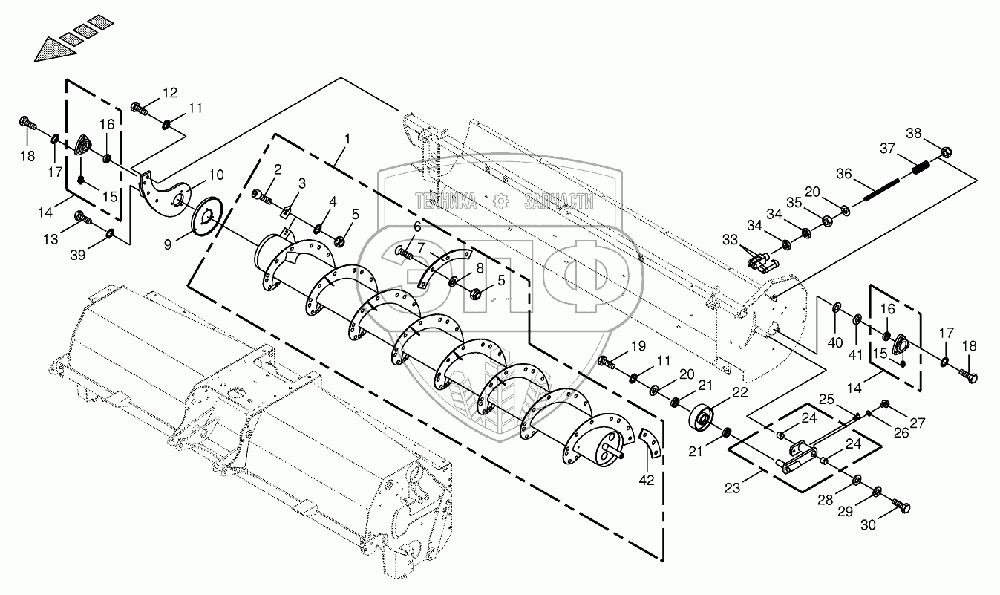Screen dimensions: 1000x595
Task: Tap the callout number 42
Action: point(647,480)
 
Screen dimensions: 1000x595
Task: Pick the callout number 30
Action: point(868,524)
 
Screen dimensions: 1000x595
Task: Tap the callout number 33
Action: point(731,241)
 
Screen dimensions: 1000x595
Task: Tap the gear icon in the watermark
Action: point(501,201)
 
